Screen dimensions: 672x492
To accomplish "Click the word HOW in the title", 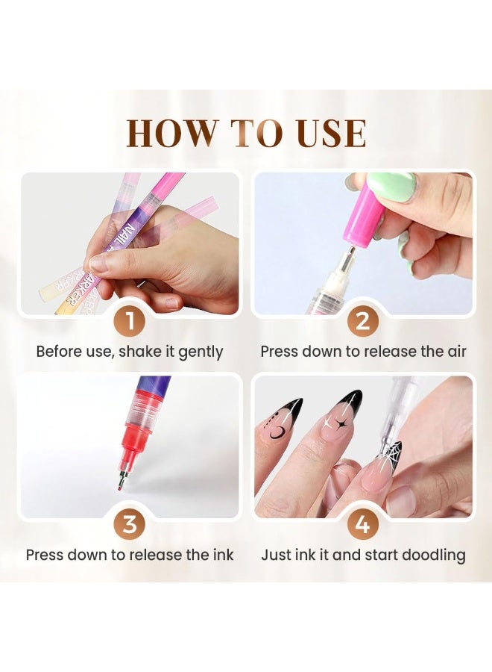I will tap(169, 134).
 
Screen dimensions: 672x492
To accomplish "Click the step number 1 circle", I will tap(130, 322).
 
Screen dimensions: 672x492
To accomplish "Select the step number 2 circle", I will tap(362, 322).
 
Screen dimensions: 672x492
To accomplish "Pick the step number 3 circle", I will tap(130, 524).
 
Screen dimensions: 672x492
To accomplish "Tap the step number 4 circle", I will tap(362, 524).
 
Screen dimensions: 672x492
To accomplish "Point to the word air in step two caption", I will tap(453, 351).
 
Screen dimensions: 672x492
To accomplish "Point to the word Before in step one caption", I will tap(58, 351).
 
